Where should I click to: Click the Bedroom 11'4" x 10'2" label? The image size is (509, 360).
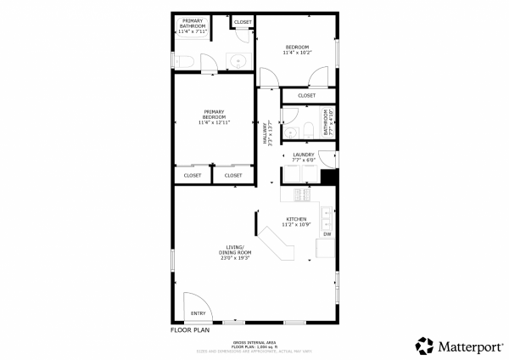(x=297, y=49)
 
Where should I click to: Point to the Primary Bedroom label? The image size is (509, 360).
(x=214, y=117)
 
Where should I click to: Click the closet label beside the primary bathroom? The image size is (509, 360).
(x=243, y=21)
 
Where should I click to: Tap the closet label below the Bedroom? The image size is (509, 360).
(x=306, y=96)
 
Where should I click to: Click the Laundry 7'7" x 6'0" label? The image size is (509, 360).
(x=304, y=157)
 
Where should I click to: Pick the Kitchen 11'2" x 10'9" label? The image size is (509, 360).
(x=297, y=222)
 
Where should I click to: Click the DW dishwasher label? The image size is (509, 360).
(x=327, y=234)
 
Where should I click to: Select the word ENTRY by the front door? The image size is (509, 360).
(x=199, y=313)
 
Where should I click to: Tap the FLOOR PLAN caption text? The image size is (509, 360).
(x=190, y=329)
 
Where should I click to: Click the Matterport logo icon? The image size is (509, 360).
(x=424, y=345)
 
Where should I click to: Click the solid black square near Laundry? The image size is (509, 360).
(x=329, y=178)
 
